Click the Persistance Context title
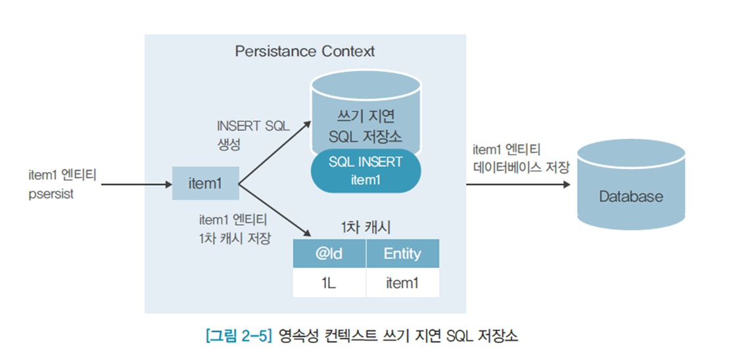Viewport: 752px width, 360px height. (305, 51)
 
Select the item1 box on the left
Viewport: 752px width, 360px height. (205, 183)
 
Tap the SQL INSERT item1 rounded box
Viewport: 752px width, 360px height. (365, 171)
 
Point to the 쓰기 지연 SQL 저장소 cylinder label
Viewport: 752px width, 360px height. (366, 126)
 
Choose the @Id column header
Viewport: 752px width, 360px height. (329, 254)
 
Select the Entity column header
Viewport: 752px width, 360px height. (402, 254)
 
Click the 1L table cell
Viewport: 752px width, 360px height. (329, 283)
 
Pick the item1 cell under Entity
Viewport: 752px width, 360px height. (402, 283)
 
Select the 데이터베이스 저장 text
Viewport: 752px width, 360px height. (521, 168)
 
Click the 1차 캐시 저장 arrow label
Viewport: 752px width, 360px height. (234, 238)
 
